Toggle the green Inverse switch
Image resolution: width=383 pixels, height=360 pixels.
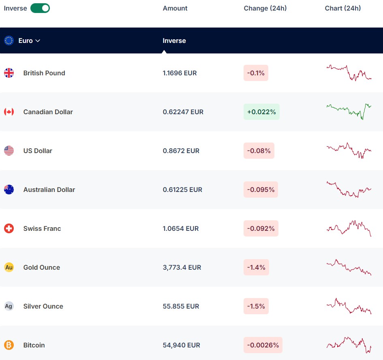click(40, 8)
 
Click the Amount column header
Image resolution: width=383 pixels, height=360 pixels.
click(175, 8)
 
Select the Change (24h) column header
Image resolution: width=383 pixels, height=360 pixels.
click(265, 8)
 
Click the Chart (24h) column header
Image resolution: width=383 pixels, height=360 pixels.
click(343, 8)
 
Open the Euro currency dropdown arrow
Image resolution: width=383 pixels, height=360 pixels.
click(38, 41)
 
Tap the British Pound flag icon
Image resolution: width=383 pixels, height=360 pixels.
click(9, 73)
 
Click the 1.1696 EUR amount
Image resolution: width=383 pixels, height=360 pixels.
click(180, 73)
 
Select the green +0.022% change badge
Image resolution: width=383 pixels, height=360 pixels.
click(261, 112)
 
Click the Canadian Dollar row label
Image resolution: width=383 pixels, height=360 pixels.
click(48, 112)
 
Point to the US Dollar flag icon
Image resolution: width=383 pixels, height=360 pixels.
click(9, 151)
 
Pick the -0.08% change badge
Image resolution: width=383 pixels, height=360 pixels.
click(259, 151)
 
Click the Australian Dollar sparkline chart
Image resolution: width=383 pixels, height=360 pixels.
click(349, 190)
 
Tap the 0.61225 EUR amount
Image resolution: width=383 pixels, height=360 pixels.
click(182, 190)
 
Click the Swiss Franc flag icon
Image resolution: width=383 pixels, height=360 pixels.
click(9, 228)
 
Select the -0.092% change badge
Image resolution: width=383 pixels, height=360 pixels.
click(261, 228)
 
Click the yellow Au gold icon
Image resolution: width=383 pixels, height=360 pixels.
click(9, 267)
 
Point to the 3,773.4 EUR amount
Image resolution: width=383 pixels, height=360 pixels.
click(182, 268)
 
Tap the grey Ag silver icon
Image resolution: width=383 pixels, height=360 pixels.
click(9, 306)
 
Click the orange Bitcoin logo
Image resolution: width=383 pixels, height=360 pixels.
click(9, 345)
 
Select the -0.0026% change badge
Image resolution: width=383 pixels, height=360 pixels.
click(263, 345)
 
